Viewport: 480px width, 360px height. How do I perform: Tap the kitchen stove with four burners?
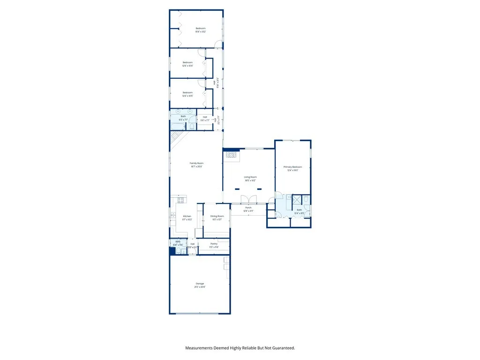point(180,201)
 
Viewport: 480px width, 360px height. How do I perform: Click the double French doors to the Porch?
point(248,199)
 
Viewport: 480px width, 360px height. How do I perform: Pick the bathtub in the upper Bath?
point(177,126)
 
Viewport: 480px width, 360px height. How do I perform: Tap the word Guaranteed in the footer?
point(279,348)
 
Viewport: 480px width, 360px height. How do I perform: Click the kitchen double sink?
point(172,216)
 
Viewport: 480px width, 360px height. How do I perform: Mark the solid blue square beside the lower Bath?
point(172,251)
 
